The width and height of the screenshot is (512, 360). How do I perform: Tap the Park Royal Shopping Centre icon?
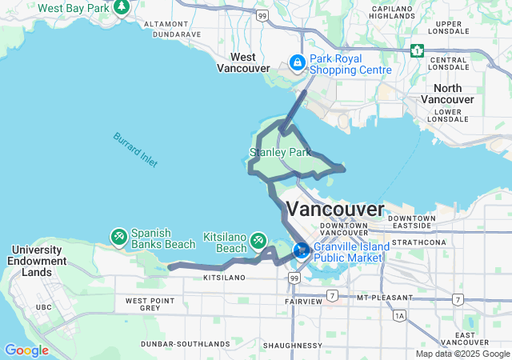[297, 62]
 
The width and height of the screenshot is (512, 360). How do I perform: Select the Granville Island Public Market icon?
[302, 250]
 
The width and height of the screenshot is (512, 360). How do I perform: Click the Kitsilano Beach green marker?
[258, 240]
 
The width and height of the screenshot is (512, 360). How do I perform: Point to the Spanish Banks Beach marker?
[118, 236]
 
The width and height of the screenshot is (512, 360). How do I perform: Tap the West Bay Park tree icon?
[122, 8]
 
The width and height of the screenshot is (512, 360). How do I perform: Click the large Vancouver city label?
[334, 210]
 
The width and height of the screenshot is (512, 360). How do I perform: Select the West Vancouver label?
[243, 62]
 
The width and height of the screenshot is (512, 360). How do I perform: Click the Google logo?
[26, 350]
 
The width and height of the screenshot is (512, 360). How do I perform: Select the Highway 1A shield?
[399, 316]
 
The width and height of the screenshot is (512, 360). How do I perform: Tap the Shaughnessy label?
[295, 346]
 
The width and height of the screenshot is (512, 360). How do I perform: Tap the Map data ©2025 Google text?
[462, 354]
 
